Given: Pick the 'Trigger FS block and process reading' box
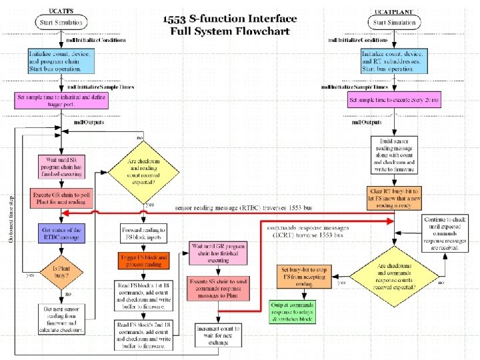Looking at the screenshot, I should [145, 260].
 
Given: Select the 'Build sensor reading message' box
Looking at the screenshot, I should [397, 153].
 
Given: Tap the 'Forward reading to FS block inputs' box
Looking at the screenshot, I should [145, 233].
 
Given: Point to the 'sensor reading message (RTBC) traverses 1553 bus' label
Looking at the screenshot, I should [253, 208].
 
